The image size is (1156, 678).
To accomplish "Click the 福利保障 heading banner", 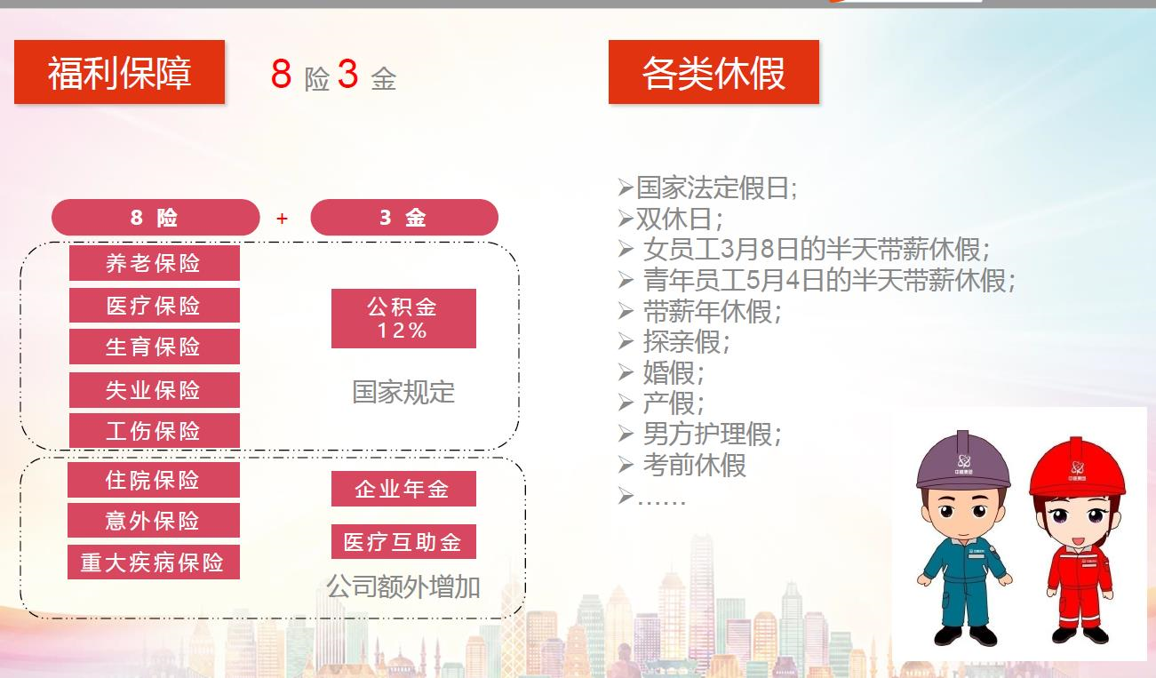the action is (x=119, y=72).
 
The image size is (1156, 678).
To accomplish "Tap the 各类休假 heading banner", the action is (x=714, y=72).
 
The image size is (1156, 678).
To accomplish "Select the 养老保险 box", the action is (x=155, y=263).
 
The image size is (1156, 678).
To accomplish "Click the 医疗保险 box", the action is (x=155, y=306).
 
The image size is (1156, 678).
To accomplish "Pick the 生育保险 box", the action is (x=155, y=347).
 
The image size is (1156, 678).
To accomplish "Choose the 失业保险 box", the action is (x=155, y=390).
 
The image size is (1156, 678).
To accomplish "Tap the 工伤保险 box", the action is (x=155, y=430).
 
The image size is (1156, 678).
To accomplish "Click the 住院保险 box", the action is (x=153, y=480).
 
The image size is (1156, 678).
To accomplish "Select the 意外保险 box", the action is (x=153, y=521).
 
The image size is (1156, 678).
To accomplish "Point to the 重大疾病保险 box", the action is (x=153, y=562).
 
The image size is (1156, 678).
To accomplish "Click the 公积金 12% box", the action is (x=403, y=318).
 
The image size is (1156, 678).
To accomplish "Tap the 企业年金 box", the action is (x=403, y=489).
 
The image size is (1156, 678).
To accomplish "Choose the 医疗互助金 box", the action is (x=403, y=542).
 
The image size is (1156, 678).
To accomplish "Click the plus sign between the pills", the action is (x=282, y=219).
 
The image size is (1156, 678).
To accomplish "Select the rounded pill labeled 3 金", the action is (x=404, y=217).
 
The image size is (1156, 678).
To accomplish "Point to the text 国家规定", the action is (x=403, y=392).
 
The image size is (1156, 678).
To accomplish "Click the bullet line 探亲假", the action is (x=674, y=341).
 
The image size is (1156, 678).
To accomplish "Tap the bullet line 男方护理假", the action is (x=700, y=434).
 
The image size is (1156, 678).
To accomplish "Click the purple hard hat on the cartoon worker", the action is (x=963, y=461).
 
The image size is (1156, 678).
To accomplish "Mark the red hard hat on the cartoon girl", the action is (x=1077, y=467).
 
